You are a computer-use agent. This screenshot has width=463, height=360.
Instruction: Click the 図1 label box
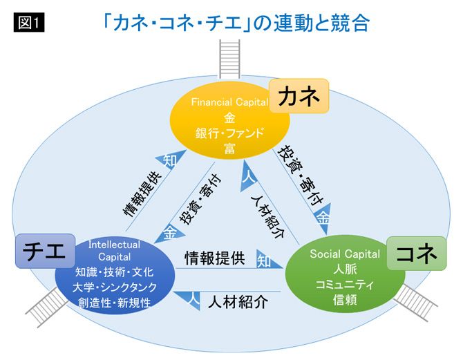[x=28, y=22]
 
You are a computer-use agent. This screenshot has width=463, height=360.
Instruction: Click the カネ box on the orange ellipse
[x=299, y=97]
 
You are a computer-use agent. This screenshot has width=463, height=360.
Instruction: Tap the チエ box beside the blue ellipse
[x=45, y=252]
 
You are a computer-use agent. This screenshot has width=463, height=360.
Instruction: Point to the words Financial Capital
[x=229, y=102]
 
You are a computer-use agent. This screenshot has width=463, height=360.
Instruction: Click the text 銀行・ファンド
[x=230, y=133]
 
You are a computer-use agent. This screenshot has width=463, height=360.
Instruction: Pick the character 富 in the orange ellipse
[x=229, y=148]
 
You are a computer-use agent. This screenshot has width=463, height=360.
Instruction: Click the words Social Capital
[x=344, y=254]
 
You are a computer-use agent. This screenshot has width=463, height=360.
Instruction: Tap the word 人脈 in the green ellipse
[x=344, y=269]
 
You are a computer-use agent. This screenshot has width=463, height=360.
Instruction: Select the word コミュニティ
[x=344, y=285]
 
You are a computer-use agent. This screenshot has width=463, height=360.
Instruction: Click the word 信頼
[x=344, y=300]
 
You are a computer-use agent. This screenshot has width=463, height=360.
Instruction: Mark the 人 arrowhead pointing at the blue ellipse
[x=193, y=299]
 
